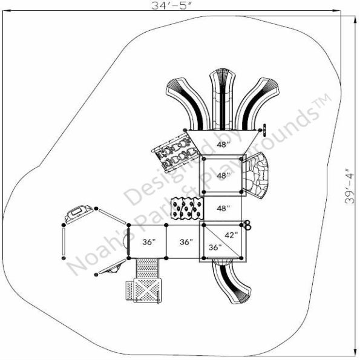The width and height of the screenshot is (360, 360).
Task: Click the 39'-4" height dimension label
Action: click(x=350, y=186)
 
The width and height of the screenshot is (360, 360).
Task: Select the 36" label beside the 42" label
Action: click(x=215, y=247)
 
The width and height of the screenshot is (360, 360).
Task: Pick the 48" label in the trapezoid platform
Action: click(x=224, y=145)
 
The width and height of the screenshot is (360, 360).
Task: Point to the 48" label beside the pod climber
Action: click(x=223, y=209)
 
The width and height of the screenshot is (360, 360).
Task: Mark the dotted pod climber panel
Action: click(x=186, y=209)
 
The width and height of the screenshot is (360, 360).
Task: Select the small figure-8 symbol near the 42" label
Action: click(x=247, y=225)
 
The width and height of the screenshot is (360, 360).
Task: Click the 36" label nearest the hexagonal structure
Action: click(x=148, y=242)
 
